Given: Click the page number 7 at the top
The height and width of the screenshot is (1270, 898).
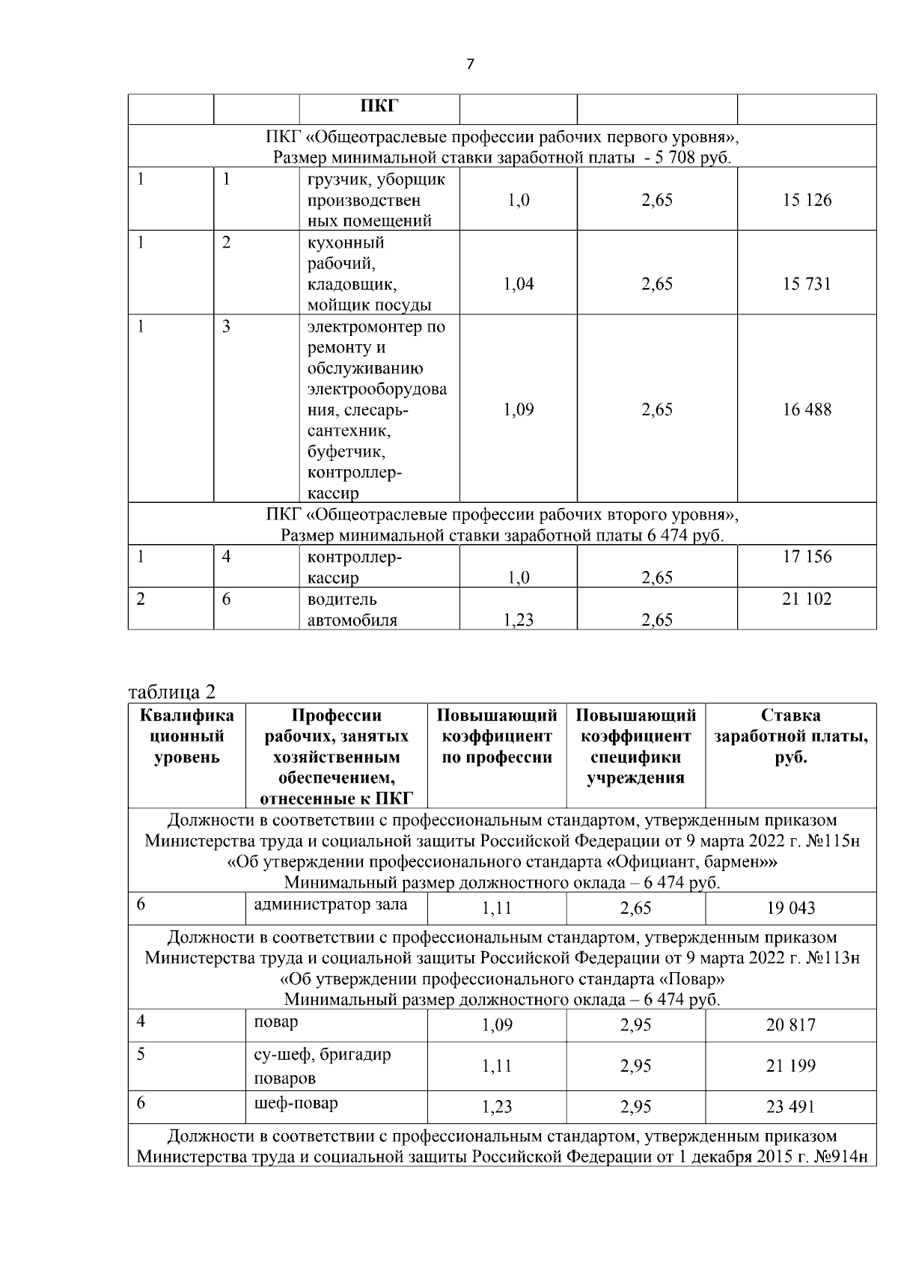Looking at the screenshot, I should (x=470, y=64).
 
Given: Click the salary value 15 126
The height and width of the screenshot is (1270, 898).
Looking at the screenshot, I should (x=807, y=200).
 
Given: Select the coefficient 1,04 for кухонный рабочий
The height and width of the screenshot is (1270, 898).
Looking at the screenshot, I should (x=519, y=284).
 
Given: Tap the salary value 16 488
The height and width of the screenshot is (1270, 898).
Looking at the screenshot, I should (x=807, y=409).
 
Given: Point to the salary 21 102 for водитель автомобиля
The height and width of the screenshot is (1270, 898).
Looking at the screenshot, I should (x=807, y=599).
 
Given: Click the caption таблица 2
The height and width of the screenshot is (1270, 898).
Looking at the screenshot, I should (x=172, y=689).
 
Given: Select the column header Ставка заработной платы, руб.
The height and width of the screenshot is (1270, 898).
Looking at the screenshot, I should (x=791, y=736).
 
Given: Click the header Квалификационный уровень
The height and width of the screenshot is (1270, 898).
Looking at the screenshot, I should (x=186, y=736).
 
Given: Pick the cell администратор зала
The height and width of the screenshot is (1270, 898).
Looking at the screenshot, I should (x=331, y=904).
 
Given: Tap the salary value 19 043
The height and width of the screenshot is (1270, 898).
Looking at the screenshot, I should (x=790, y=909).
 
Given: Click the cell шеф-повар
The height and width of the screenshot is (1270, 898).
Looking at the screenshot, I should (x=296, y=1103).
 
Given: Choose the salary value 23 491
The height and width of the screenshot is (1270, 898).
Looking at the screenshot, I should (x=790, y=1107).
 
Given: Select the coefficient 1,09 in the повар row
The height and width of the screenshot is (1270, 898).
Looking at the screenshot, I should (x=497, y=1025).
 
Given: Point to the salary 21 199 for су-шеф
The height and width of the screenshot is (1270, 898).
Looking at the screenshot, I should (x=790, y=1066).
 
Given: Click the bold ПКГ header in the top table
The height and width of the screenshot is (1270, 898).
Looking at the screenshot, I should (x=379, y=106).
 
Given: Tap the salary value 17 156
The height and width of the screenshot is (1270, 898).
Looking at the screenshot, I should (x=807, y=557).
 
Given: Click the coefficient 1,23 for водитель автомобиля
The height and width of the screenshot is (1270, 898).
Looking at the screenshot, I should (x=519, y=620).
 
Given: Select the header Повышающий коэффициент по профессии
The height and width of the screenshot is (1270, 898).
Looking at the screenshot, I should (x=497, y=736).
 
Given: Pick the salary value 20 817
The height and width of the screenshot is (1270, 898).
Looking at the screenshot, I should (x=790, y=1025).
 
